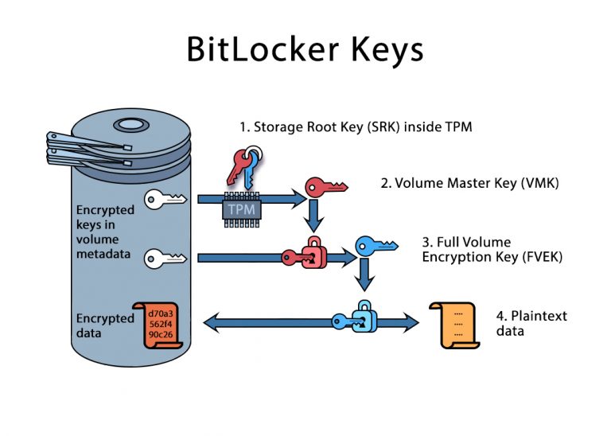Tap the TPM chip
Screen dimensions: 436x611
click(x=240, y=208)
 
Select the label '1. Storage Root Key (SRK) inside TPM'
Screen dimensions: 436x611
click(x=356, y=127)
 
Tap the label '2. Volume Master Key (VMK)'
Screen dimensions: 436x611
click(x=470, y=183)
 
